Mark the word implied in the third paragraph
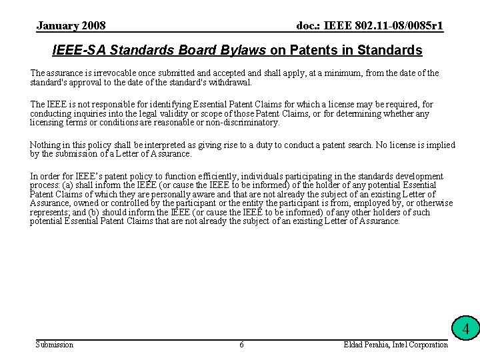440,145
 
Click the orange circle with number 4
467,329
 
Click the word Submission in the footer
54,345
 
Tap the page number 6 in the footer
241,345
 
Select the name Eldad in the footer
354,345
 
